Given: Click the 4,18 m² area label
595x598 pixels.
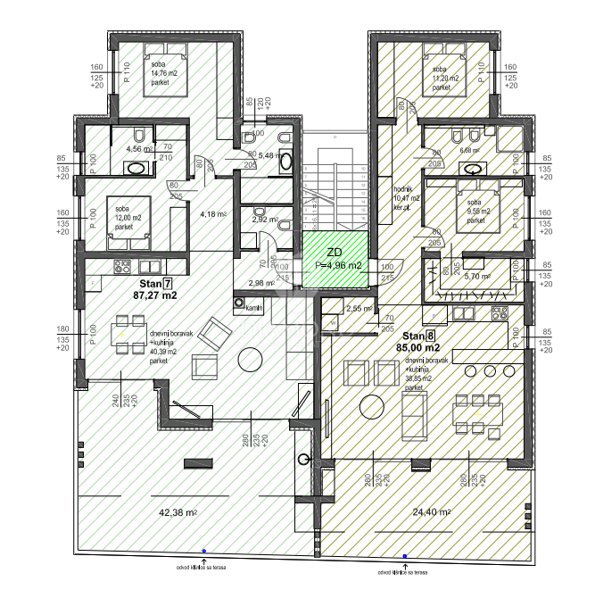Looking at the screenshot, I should coord(212,214).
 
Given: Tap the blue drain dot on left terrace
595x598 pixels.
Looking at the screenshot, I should coord(204,552).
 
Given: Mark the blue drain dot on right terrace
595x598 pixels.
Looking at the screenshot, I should coord(405,556).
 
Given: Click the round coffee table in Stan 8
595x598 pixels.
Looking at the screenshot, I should coord(370,406).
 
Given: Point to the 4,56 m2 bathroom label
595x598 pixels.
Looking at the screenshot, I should coord(140,149).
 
